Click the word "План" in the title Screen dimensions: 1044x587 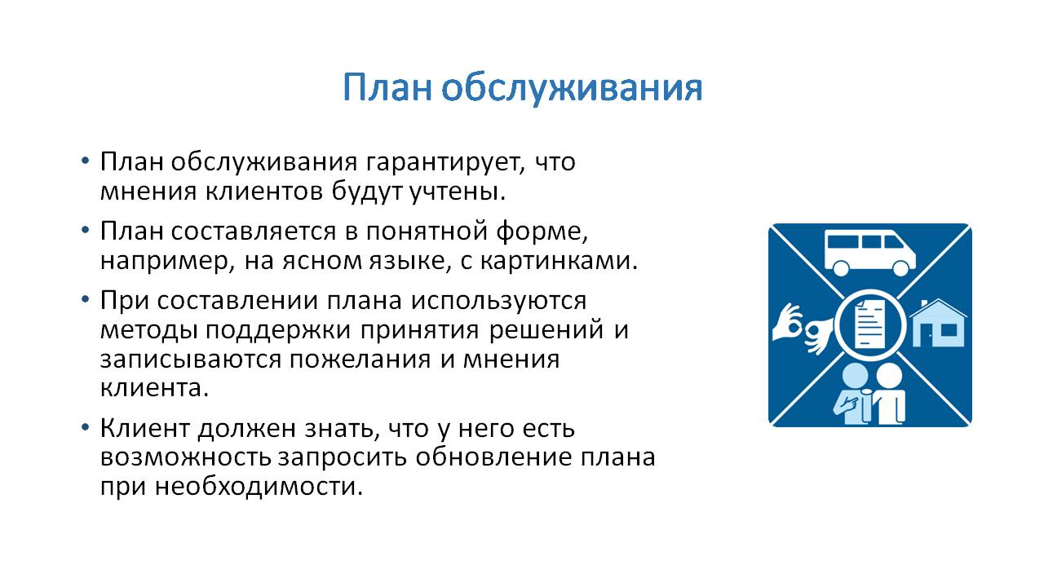click(387, 87)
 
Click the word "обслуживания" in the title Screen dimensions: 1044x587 click(572, 88)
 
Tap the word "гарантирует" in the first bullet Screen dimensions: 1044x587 click(445, 162)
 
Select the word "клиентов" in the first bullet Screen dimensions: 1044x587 click(264, 191)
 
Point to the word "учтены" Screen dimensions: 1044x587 click(458, 192)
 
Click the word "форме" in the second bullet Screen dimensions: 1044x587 click(542, 232)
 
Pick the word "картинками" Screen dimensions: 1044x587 click(560, 261)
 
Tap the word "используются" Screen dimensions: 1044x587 click(498, 301)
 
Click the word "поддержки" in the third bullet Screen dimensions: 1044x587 click(278, 331)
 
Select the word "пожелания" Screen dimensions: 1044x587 click(360, 360)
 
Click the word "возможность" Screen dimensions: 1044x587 click(186, 457)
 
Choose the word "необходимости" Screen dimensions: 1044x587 click(259, 487)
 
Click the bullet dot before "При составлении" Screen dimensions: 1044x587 click(85, 299)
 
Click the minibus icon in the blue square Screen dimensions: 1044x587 click(869, 253)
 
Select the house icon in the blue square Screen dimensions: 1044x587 click(938, 323)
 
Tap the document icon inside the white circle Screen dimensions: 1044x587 click(869, 324)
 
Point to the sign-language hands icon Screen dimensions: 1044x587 click(803, 329)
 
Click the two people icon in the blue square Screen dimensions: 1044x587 click(869, 394)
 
